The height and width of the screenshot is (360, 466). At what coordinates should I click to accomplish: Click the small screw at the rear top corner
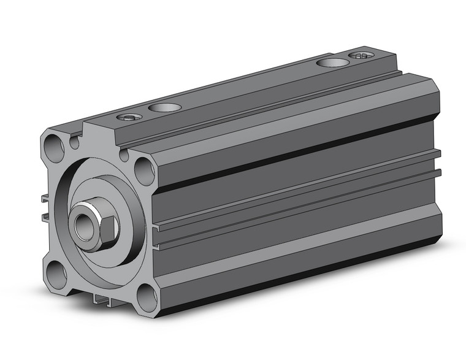pyautogui.click(x=362, y=56)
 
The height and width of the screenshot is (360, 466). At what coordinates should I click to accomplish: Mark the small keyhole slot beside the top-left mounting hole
pyautogui.click(x=74, y=143)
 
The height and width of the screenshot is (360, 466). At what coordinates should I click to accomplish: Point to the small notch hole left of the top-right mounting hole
pyautogui.click(x=124, y=155)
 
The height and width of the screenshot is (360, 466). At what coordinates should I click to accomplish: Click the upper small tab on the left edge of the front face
pyautogui.click(x=45, y=198)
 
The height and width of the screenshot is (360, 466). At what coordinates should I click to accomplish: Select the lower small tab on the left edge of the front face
pyautogui.click(x=45, y=216)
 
